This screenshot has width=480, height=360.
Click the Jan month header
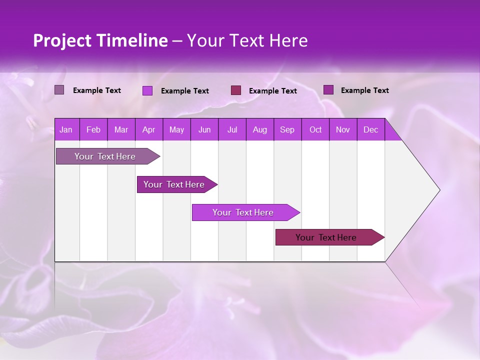(x=66, y=129)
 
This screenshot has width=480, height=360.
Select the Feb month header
(x=93, y=129)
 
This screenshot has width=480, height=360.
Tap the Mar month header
(x=121, y=129)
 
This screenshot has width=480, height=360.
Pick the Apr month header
(x=149, y=129)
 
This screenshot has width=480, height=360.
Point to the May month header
(x=176, y=129)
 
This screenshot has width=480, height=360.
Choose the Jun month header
(x=204, y=129)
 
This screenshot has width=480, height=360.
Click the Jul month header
(x=232, y=129)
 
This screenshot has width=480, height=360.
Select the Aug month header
(x=260, y=129)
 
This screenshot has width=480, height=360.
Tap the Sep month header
(x=287, y=129)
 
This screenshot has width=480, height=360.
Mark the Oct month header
(x=315, y=129)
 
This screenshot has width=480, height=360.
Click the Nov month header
(x=343, y=129)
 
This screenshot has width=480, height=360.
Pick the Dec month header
(x=371, y=129)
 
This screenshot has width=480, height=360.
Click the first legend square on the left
(x=59, y=90)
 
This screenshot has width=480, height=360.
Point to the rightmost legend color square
(x=328, y=90)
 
